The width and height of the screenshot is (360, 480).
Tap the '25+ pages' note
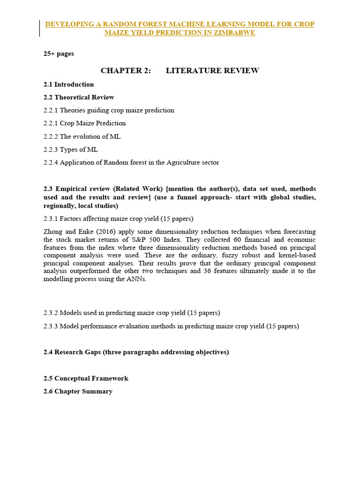click(59, 53)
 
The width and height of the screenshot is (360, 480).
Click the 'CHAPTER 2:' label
click(126, 71)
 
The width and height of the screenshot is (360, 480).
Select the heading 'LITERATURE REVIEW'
click(212, 71)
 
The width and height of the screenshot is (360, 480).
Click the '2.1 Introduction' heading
click(68, 84)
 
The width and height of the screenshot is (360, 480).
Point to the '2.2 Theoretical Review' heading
click(79, 97)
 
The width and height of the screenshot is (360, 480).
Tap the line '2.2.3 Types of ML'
click(71, 150)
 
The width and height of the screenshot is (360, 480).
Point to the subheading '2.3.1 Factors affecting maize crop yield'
click(119, 218)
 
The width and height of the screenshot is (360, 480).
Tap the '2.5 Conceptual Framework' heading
click(86, 378)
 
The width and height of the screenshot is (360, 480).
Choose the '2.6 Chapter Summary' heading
click(78, 391)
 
